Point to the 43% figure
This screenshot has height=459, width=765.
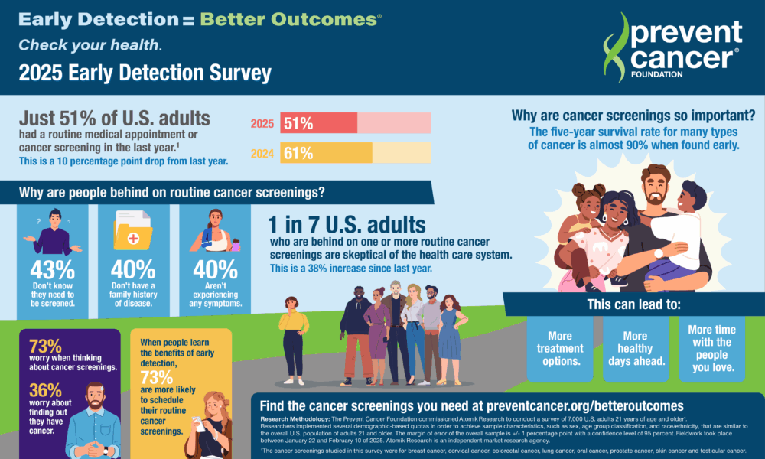tap(51, 269)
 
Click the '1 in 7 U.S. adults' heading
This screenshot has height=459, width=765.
tap(346, 225)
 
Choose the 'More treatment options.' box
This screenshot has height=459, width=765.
tap(560, 348)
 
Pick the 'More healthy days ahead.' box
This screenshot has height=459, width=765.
tap(635, 348)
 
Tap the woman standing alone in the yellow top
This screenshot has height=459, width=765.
tap(293, 337)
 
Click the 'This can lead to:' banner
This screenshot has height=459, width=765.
tap(633, 304)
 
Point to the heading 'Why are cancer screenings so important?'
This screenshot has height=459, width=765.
tap(633, 117)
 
